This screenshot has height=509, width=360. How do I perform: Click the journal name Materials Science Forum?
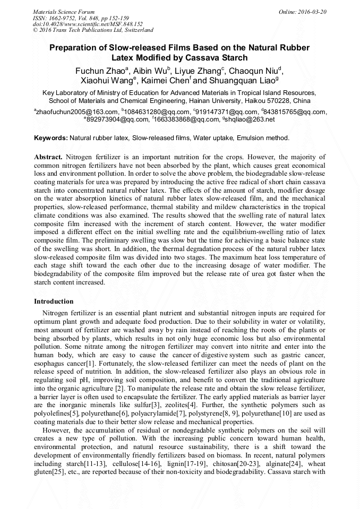(64, 11)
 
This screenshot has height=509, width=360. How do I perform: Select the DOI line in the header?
(88, 24)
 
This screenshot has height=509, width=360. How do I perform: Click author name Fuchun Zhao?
(98, 71)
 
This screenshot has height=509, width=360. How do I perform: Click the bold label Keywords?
(51, 138)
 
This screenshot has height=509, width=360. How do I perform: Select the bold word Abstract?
(48, 158)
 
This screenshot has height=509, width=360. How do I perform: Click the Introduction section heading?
(54, 301)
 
